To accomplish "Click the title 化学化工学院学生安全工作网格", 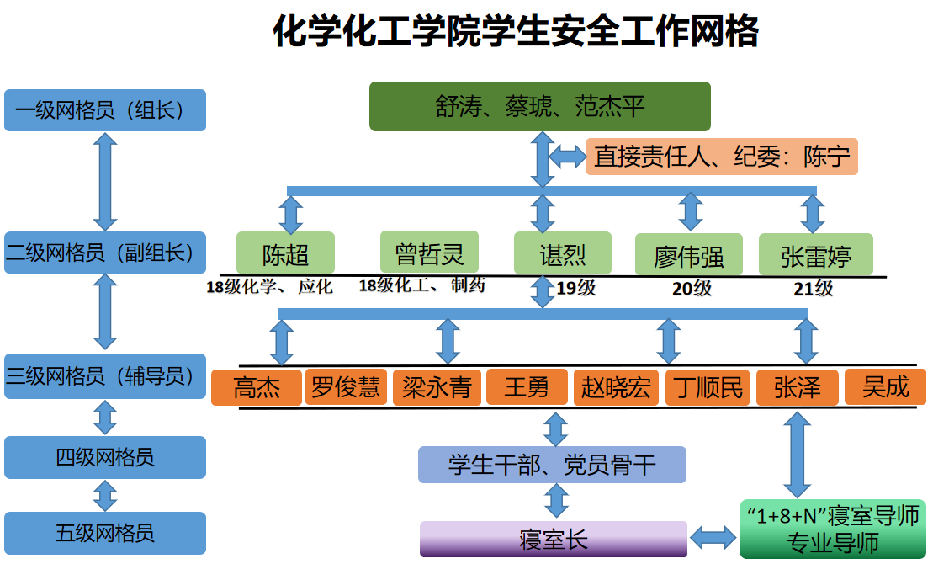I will point(516,33).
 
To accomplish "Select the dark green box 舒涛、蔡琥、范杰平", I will point(539,106).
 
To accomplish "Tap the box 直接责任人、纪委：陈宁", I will point(721,157).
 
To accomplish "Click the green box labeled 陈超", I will point(285,253).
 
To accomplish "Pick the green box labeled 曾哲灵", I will point(429,252).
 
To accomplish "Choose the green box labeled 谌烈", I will point(562,253).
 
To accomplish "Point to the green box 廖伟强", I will point(688,255).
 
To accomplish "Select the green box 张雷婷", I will point(815,255).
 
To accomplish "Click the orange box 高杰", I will point(256,388).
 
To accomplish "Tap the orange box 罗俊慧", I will point(346,387).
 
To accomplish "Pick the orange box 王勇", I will point(527,387).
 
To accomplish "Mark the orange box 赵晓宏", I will point(617,388).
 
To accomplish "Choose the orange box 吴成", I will point(885,386).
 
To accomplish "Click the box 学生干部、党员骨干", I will point(552,465).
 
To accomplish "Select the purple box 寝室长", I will point(553,540).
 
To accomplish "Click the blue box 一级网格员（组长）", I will point(105,110).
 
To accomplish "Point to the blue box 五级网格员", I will point(105,533).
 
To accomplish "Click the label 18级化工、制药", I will point(421,285).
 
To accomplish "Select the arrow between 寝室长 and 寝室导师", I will point(713,536).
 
